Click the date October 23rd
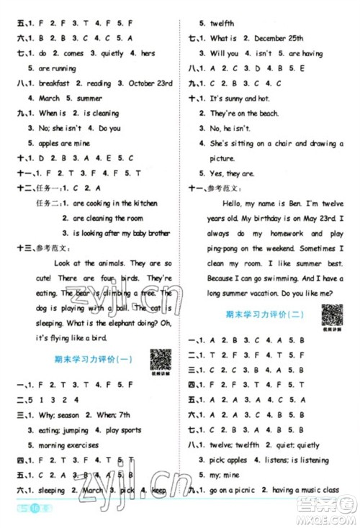(x=145, y=84)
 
